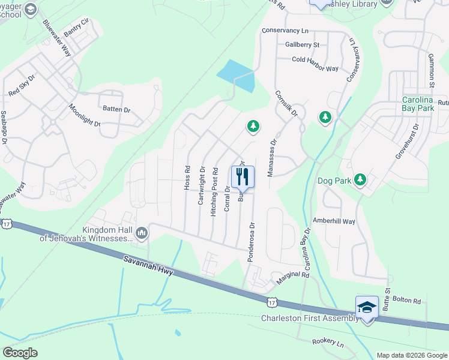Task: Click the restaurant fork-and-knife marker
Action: (243, 176)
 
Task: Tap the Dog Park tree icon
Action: (360, 179)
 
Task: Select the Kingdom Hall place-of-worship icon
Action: (142, 232)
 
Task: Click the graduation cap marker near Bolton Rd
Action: (367, 307)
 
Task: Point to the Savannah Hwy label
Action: (149, 266)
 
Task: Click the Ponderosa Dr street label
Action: (252, 242)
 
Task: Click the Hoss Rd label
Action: (187, 178)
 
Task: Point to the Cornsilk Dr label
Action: (286, 104)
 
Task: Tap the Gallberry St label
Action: (303, 44)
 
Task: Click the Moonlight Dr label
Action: (85, 115)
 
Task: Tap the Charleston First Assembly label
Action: (310, 319)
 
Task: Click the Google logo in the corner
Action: (20, 353)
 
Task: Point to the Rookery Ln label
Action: (328, 343)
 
